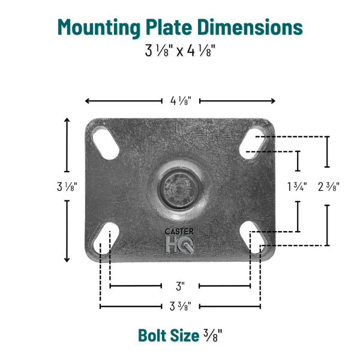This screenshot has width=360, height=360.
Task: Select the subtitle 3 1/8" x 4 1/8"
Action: tap(179, 50)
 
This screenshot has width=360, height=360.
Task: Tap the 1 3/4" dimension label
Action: tap(297, 187)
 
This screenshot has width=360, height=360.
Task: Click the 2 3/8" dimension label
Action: tap(328, 187)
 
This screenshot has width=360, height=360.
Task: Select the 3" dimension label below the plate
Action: tap(180, 286)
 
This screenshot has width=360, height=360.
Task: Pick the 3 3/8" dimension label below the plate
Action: tap(180, 307)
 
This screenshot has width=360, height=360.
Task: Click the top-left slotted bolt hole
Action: tap(106, 143)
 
